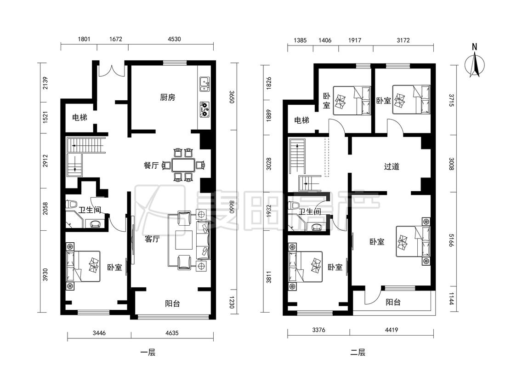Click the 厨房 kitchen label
(167, 97)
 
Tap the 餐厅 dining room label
(151, 165)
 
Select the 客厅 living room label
(152, 239)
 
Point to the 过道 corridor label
(392, 166)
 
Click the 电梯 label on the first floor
(80, 117)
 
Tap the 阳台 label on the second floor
(393, 302)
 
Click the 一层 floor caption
(148, 352)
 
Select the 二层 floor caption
(358, 352)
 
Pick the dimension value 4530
(174, 39)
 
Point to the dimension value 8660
(232, 207)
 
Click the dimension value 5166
(451, 240)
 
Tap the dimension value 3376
(318, 330)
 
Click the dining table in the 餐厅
(183, 165)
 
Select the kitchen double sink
(205, 84)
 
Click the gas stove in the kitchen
(205, 109)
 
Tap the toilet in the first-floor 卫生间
(71, 204)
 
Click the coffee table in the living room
(184, 240)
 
